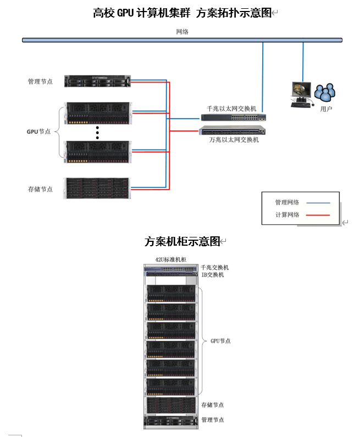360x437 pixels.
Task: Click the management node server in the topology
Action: (x=97, y=81)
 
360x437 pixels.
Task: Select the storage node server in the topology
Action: (x=97, y=188)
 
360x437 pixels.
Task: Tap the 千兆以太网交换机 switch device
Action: (x=233, y=117)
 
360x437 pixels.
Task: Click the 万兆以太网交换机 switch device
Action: (x=232, y=131)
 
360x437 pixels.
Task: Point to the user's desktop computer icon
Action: (x=301, y=94)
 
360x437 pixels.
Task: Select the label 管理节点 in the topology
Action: (x=40, y=81)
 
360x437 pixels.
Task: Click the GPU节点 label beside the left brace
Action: (x=38, y=132)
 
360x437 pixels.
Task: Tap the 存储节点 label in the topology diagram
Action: (x=40, y=189)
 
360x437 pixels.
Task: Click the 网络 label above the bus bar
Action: (x=182, y=32)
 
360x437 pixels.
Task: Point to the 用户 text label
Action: (x=326, y=109)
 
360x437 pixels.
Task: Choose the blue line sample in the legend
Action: (x=318, y=202)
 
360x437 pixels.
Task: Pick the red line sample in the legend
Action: (x=318, y=215)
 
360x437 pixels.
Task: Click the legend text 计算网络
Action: (x=287, y=215)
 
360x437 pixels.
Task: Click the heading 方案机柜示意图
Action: (x=182, y=241)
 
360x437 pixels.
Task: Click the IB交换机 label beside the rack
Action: (x=213, y=274)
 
